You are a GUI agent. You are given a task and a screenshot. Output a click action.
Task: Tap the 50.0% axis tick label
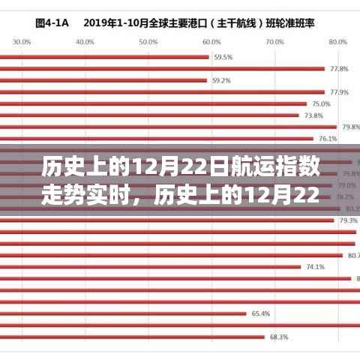point(147,42)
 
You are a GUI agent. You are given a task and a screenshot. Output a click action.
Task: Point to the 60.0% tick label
point(212,42)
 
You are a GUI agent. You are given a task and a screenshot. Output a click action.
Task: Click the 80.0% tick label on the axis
point(339,42)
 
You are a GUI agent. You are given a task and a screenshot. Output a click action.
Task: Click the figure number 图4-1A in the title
point(50,22)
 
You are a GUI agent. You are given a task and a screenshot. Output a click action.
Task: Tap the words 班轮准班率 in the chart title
point(295,22)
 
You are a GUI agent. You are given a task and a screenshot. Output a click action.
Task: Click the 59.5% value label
point(223,57)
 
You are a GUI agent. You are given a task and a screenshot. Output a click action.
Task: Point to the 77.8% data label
point(338,69)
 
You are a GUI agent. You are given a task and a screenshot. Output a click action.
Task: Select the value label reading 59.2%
point(220,80)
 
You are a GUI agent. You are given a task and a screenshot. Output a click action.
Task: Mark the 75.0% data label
point(321,103)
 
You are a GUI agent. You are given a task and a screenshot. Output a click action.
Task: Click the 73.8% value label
point(313,115)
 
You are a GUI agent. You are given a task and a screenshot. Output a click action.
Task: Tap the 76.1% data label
point(328,139)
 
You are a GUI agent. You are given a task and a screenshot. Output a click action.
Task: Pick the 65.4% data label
point(260,313)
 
